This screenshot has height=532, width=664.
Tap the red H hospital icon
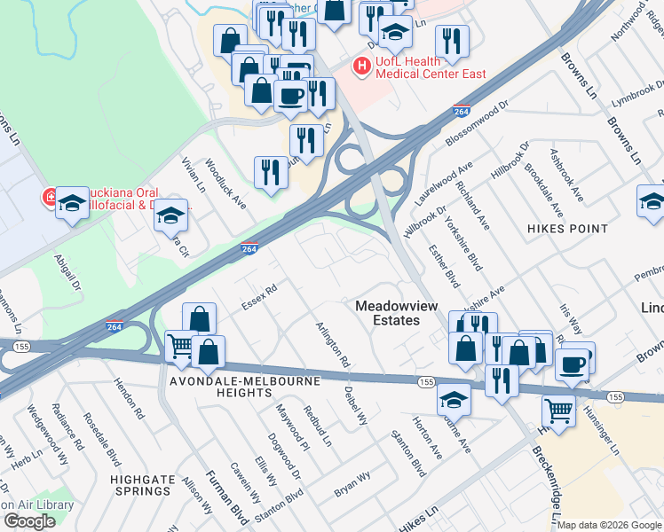(x=361, y=66)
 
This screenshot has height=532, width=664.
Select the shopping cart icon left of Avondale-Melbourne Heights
(x=181, y=346)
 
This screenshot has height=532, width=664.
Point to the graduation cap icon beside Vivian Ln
(x=171, y=215)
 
